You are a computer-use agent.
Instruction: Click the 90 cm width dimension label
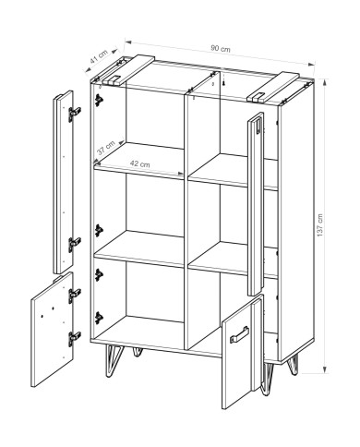[x=221, y=49]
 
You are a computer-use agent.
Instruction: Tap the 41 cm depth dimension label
[x=99, y=56]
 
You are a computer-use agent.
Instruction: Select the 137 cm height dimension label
[x=320, y=225]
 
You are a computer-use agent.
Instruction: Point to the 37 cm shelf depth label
[x=105, y=148]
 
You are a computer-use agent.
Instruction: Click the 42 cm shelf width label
[x=140, y=163]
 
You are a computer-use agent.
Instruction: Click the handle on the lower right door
[x=238, y=333]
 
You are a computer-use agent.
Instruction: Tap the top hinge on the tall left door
[x=74, y=114]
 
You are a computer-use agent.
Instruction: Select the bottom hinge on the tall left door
[x=74, y=244]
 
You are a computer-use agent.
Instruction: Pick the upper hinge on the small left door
[x=74, y=296]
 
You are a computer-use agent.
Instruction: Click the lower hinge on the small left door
[x=74, y=338]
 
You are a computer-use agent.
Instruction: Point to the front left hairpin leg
[x=113, y=361]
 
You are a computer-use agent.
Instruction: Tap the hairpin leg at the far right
[x=293, y=365]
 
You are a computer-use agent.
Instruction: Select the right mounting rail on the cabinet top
[x=272, y=87]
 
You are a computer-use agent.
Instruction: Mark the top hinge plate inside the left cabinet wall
[x=99, y=100]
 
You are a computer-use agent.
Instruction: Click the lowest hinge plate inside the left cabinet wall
[x=99, y=318]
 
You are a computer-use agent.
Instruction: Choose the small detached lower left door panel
[x=53, y=329]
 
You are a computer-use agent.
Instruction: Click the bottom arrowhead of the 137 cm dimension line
[x=326, y=369]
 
